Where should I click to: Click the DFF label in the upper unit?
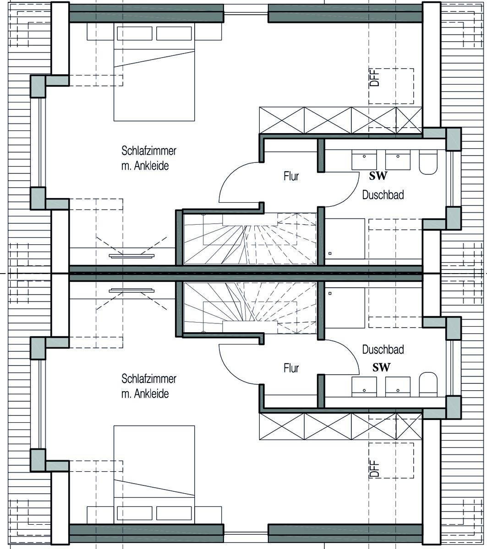(374, 78)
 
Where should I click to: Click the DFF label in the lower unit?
(374, 469)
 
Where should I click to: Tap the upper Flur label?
(291, 176)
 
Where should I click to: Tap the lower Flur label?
(291, 368)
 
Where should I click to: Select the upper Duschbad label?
(383, 195)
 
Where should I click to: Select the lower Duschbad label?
(383, 350)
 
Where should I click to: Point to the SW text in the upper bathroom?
(378, 176)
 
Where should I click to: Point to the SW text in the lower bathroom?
(381, 367)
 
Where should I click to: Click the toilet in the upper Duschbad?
(428, 162)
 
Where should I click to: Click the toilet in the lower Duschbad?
(428, 384)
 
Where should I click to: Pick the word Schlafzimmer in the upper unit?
(149, 151)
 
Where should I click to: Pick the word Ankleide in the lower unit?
(151, 393)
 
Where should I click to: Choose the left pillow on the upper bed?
(135, 33)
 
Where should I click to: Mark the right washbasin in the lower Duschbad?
(398, 387)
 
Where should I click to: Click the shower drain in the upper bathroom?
(330, 253)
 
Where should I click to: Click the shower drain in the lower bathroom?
(330, 293)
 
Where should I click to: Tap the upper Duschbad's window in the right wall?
(450, 179)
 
